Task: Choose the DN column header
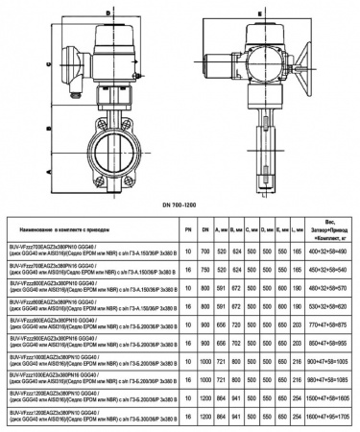[x=204, y=230]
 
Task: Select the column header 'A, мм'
[x=222, y=230]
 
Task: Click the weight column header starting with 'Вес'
[x=329, y=230]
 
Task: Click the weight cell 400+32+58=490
[x=329, y=250]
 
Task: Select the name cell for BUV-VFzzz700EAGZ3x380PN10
[x=91, y=250]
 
